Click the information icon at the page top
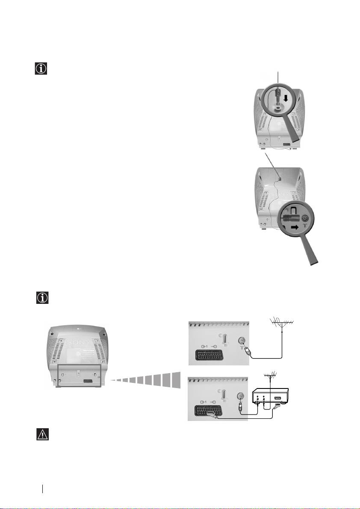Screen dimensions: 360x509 pyautogui.click(x=41, y=69)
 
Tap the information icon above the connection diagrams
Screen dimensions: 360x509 pyautogui.click(x=41, y=298)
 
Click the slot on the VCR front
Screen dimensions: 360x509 pyautogui.click(x=278, y=399)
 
